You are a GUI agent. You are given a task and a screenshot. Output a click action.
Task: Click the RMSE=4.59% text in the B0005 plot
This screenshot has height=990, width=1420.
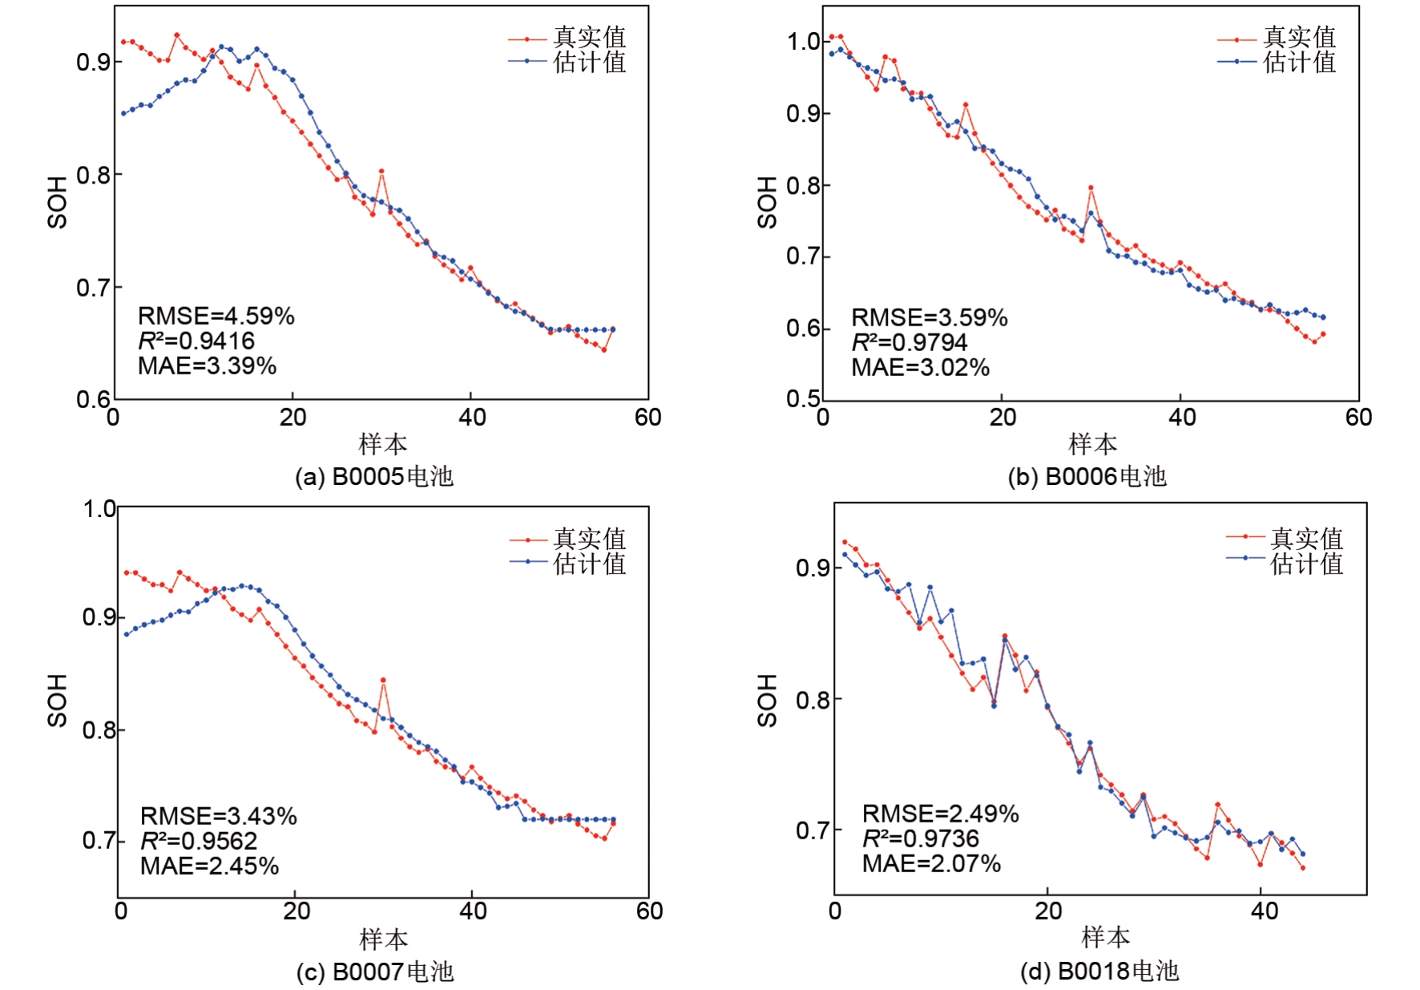(216, 316)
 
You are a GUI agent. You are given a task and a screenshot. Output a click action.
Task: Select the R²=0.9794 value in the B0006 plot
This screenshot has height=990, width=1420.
(909, 342)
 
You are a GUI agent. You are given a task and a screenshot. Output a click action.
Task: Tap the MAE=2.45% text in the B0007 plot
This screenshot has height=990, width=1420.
(209, 866)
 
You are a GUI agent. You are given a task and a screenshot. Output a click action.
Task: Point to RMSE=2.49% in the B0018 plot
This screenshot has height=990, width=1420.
(940, 814)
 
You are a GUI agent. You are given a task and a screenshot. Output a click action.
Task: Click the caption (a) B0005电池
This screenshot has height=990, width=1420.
(373, 477)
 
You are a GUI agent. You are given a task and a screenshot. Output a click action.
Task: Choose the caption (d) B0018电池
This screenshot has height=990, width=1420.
(1099, 972)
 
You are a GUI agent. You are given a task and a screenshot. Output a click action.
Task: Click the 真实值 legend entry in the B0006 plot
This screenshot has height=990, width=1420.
(1298, 38)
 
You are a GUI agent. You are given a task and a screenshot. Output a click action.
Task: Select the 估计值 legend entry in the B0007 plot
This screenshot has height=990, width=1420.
(588, 564)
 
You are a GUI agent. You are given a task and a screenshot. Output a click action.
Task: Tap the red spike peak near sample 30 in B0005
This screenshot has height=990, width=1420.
(381, 171)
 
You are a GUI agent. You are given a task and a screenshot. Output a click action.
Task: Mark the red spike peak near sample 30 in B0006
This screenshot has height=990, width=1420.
(1091, 188)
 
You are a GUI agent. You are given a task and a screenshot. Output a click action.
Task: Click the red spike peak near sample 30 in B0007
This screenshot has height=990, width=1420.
(383, 680)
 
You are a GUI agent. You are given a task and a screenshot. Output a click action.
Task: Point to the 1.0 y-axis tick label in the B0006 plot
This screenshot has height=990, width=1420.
(803, 42)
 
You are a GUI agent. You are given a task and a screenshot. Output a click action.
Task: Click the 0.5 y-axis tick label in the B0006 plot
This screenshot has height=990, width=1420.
(803, 398)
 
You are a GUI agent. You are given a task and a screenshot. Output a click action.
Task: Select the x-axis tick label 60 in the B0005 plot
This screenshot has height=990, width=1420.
(647, 417)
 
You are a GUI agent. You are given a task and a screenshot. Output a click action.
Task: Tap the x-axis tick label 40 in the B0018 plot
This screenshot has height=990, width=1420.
(1264, 911)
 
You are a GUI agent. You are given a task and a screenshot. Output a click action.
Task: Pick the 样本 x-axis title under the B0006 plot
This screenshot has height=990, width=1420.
(1091, 443)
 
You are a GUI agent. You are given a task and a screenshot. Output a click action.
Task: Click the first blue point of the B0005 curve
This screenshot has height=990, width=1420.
(123, 113)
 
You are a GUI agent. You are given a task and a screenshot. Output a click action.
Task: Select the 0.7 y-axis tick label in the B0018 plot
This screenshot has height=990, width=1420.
(812, 830)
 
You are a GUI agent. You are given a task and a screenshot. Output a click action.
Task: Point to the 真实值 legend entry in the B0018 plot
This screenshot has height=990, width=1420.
(1305, 538)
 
